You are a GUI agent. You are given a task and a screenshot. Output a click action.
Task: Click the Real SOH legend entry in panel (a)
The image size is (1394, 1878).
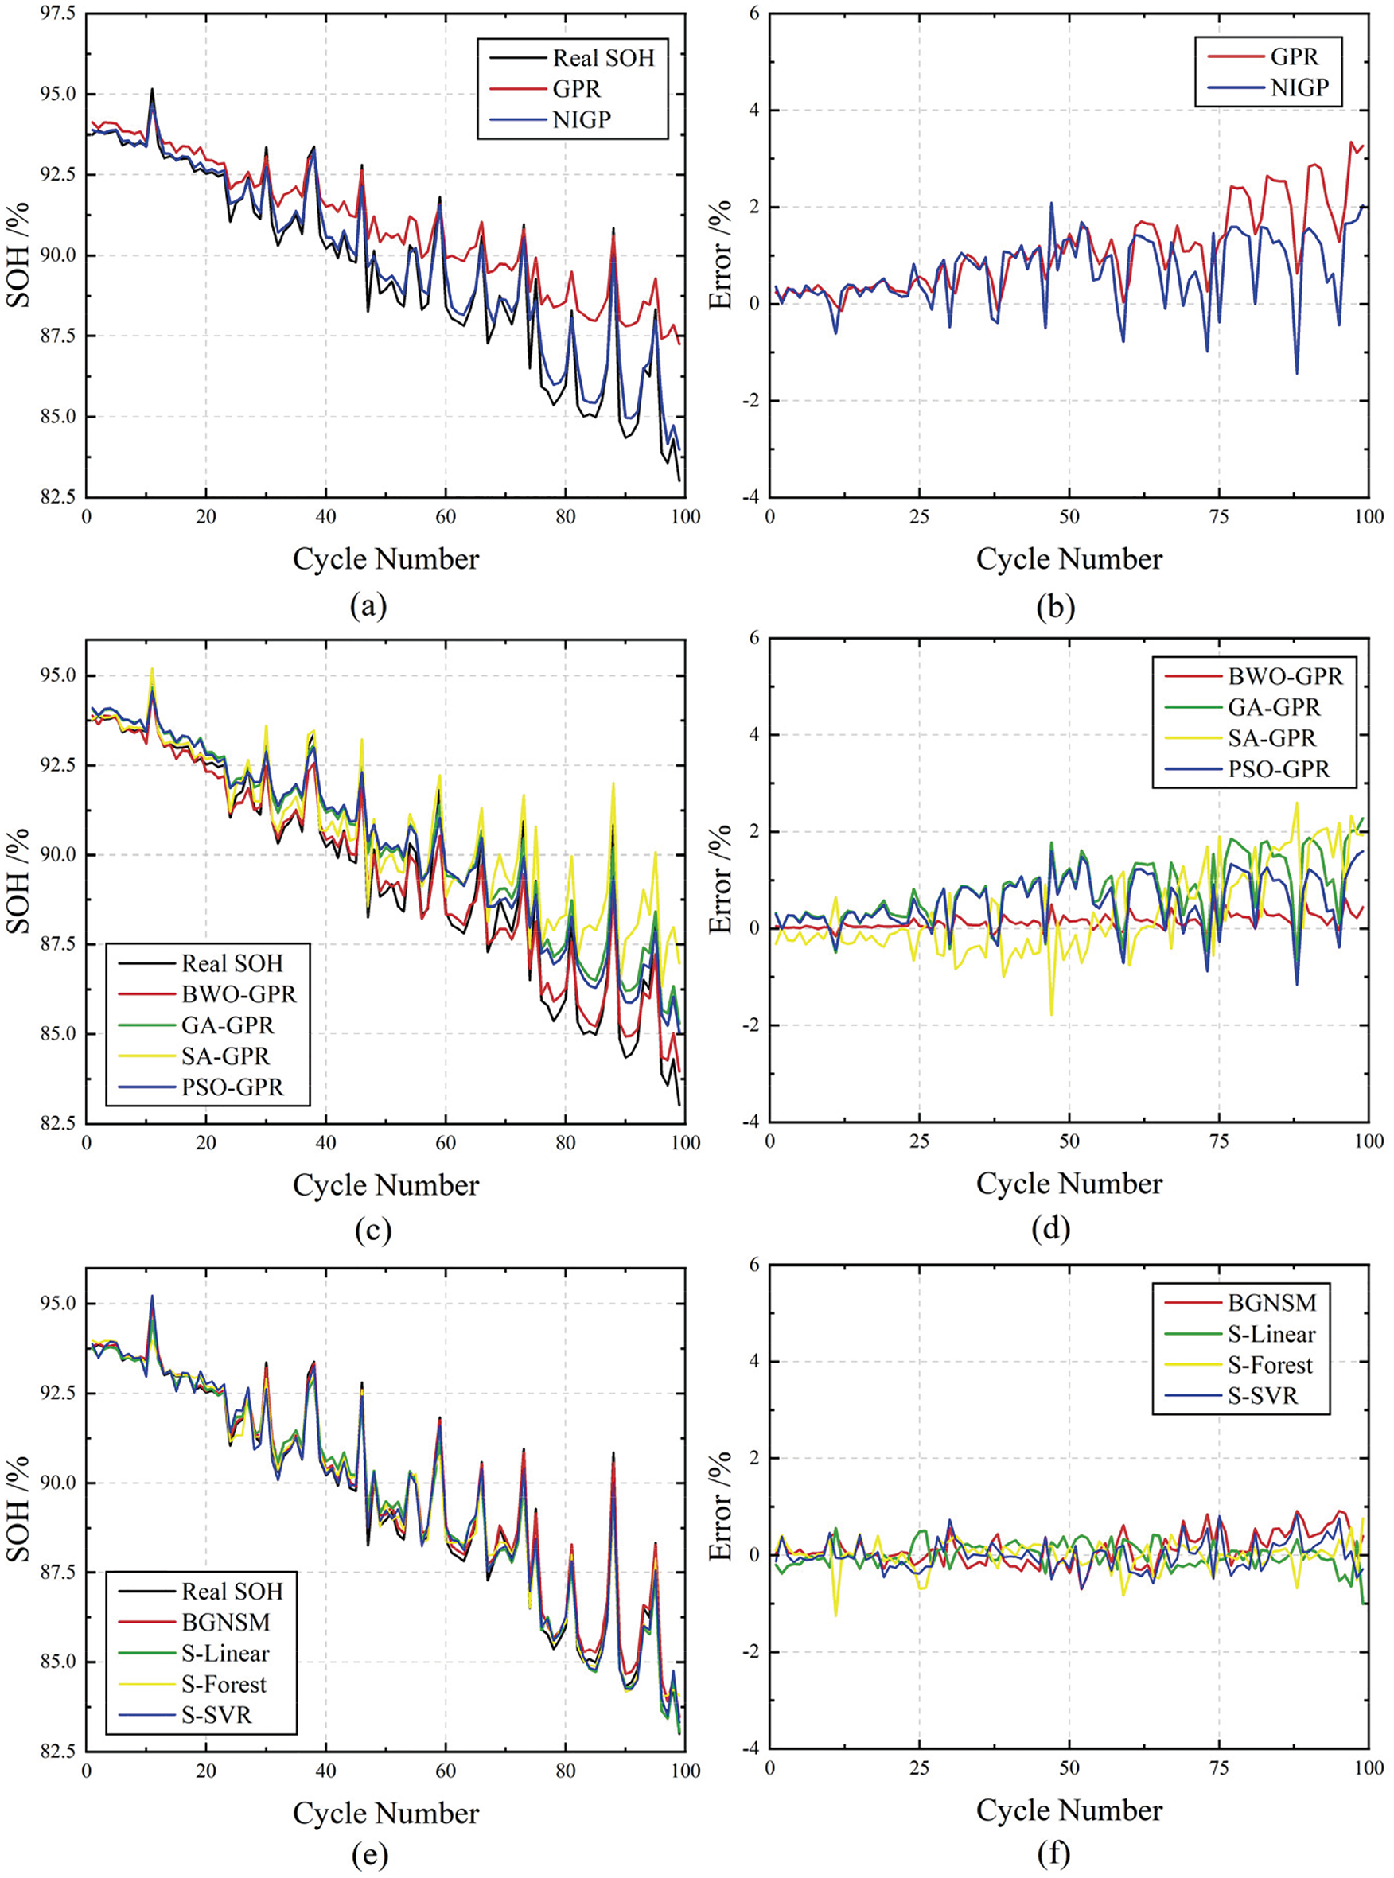[602, 57]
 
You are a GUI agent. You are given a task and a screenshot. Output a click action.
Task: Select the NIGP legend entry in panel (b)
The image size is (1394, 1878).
[1299, 87]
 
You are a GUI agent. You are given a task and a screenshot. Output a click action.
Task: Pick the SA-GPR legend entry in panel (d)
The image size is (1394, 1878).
[1271, 738]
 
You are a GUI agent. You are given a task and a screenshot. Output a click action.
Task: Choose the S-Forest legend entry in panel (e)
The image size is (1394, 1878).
[224, 1684]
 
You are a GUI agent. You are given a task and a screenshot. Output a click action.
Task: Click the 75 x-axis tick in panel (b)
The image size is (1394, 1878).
[1218, 516]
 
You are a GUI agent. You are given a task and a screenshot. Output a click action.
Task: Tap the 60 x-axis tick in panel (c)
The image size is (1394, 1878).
[446, 1143]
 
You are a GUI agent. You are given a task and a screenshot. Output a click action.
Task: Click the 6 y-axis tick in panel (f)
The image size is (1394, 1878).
[753, 1265]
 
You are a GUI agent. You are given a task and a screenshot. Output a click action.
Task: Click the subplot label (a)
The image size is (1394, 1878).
[368, 607]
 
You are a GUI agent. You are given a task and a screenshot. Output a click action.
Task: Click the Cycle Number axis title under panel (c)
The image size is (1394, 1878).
[386, 1184]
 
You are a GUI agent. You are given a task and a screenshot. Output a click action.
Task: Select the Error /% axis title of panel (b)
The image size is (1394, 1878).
[720, 255]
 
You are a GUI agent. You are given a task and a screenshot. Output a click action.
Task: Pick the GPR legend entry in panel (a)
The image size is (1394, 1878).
[576, 88]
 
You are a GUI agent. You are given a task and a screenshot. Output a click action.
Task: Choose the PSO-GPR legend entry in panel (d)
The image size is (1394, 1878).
[1278, 769]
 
